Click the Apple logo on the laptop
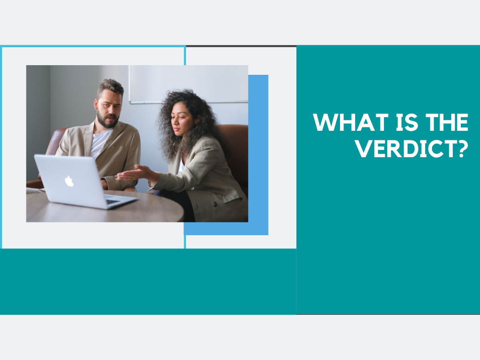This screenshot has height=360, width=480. point(69,181)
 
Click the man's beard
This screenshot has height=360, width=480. point(108,120)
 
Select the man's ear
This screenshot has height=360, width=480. point(96,104)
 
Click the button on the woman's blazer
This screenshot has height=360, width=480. point(215,204)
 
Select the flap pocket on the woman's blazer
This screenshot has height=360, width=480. point(230,196)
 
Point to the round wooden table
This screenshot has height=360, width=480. point(105,206)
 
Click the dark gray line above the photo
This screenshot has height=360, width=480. point(241,46)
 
